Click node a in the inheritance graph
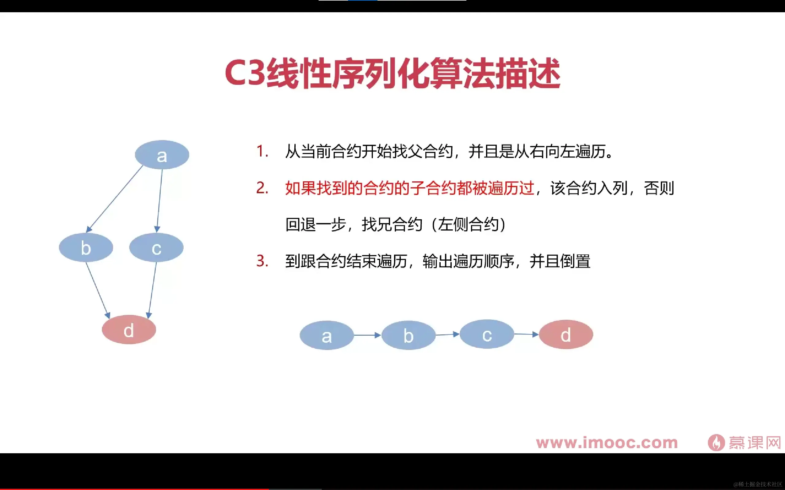click(162, 155)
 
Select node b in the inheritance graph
click(86, 247)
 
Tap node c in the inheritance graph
click(156, 247)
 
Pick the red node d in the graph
click(129, 329)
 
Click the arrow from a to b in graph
click(115, 198)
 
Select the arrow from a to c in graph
click(159, 199)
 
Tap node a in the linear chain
click(327, 335)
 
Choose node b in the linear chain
click(408, 335)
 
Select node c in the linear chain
click(487, 334)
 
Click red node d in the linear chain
click(566, 334)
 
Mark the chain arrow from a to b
click(367, 335)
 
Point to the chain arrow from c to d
click(526, 334)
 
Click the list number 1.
click(262, 151)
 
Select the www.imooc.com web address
click(607, 443)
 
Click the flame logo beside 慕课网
click(716, 443)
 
